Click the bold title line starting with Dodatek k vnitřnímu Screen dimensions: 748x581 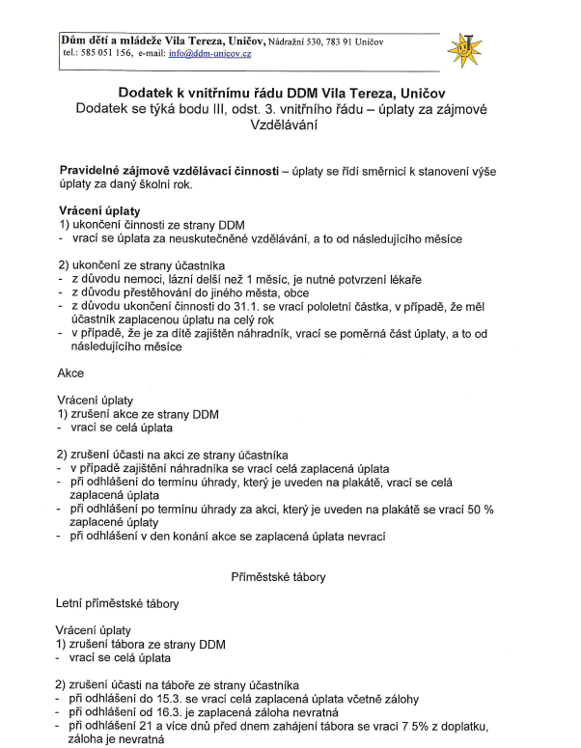pyautogui.click(x=290, y=92)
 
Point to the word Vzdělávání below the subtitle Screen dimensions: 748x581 pyautogui.click(x=290, y=125)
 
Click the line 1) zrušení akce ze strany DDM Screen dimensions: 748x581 pyautogui.click(x=138, y=412)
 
